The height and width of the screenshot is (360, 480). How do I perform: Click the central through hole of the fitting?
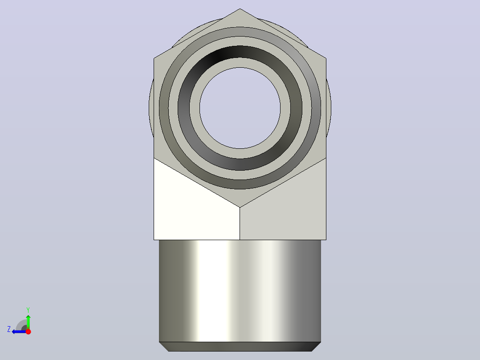(240, 108)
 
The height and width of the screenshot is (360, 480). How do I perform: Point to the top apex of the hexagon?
(240, 8)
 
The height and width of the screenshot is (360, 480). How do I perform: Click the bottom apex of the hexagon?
(240, 208)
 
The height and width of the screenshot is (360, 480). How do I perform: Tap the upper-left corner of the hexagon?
(154, 58)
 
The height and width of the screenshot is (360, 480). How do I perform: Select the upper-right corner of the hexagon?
(326, 58)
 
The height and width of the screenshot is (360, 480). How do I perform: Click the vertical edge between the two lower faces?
(240, 224)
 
